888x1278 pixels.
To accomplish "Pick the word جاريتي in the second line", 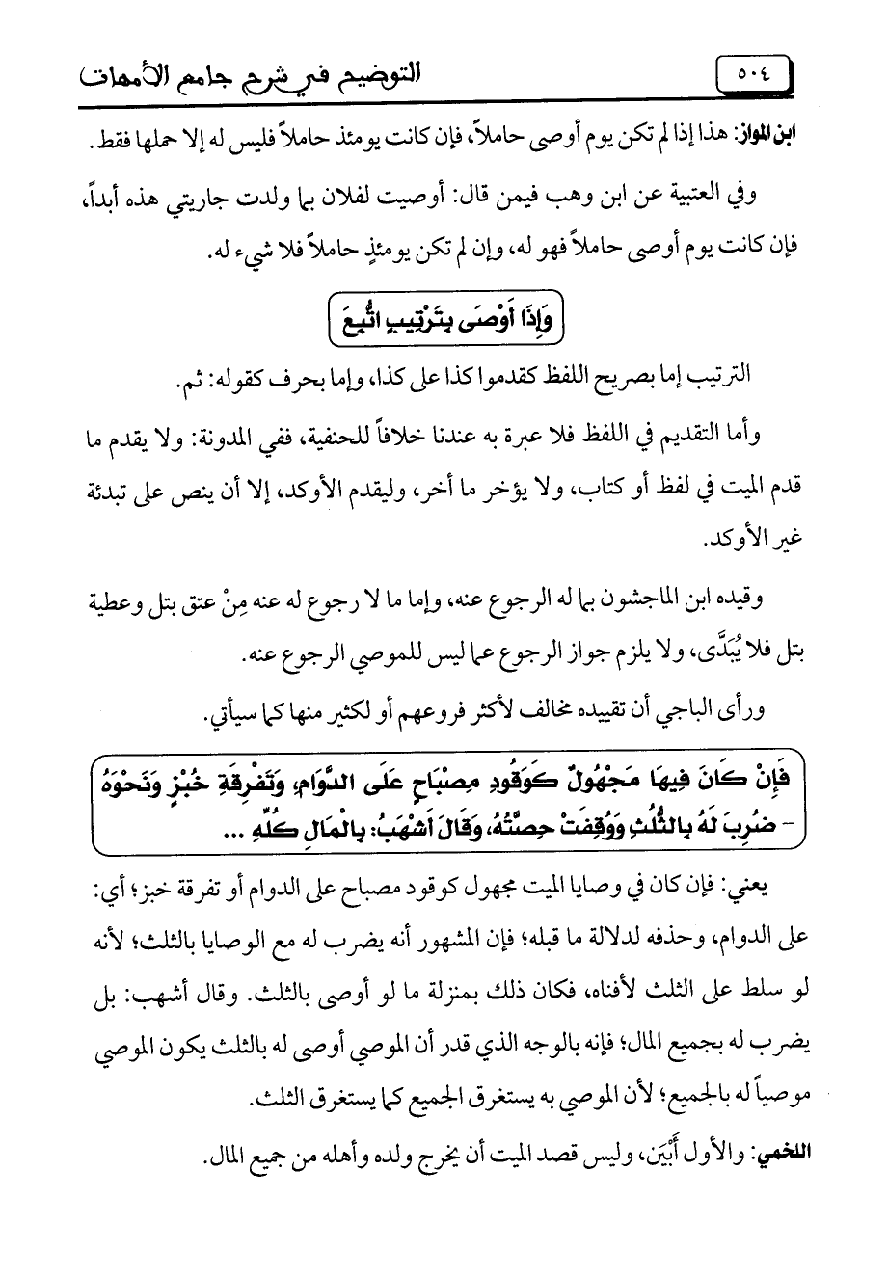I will click(198, 205).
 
